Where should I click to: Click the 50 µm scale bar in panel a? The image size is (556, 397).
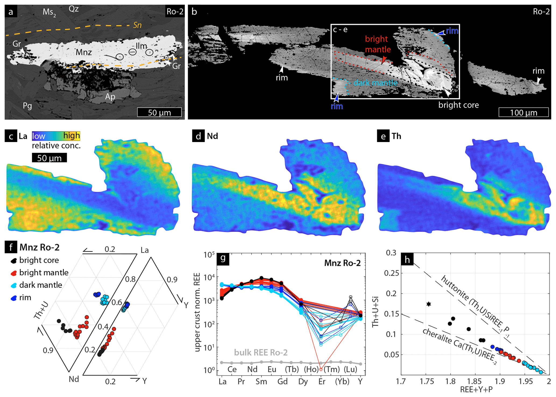159,112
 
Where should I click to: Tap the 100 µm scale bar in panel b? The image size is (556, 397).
523,112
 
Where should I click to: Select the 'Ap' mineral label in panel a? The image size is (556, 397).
110,97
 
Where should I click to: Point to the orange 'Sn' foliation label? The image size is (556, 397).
137,25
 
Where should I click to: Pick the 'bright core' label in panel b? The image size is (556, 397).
458,105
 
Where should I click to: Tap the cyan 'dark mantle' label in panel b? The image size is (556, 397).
375,83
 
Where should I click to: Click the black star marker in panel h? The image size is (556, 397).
429,304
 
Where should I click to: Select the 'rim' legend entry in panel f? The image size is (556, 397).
25,297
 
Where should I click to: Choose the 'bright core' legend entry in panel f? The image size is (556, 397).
39,260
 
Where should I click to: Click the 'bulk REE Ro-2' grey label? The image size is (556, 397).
261,352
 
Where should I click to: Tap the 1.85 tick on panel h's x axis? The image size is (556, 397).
475,381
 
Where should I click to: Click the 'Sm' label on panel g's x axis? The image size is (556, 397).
261,381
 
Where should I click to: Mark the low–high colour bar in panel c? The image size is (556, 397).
56,136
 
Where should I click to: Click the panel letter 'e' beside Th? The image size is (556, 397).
383,136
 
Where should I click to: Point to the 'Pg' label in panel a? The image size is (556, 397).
27,106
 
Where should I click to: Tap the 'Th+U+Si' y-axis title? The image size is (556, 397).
376,312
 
